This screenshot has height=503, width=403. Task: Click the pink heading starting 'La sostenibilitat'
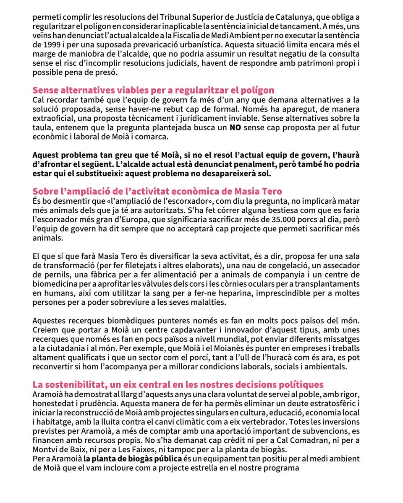pyautogui.click(x=178, y=384)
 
